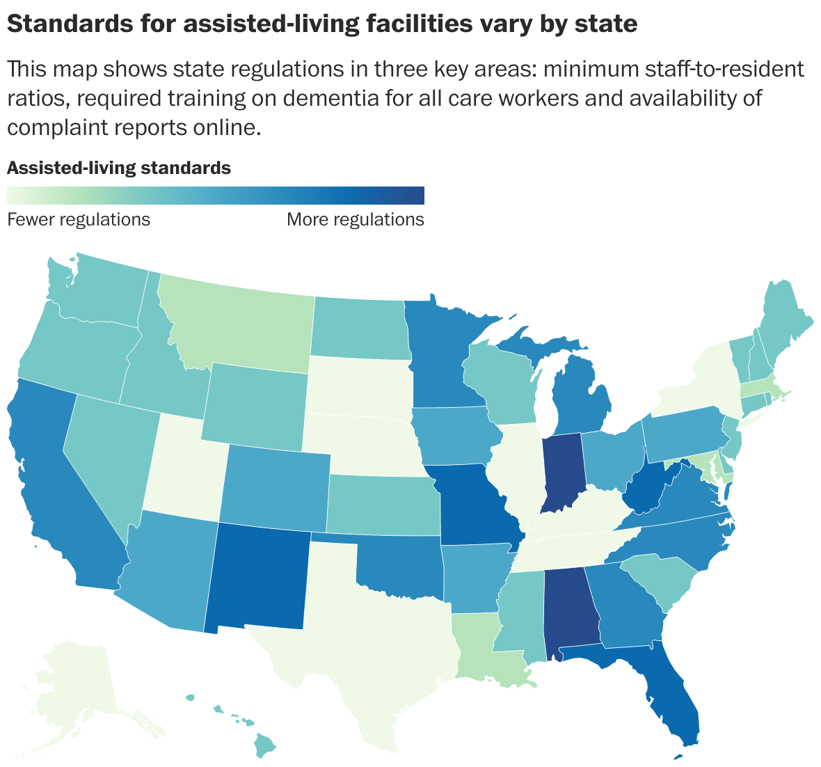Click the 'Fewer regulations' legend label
[78, 220]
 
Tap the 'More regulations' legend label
[355, 220]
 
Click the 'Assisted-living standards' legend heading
[118, 168]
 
